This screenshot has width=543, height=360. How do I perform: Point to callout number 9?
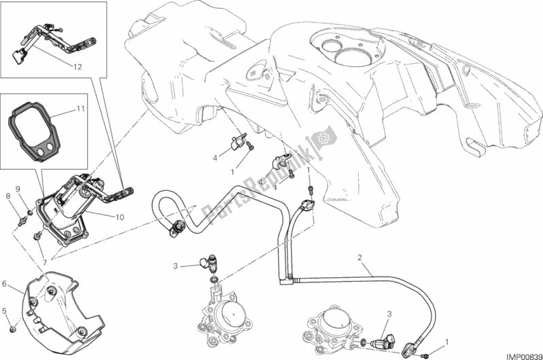(19, 188)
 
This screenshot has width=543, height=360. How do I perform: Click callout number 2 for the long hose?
(359, 257)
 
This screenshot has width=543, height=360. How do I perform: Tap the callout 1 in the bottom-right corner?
(446, 341)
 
